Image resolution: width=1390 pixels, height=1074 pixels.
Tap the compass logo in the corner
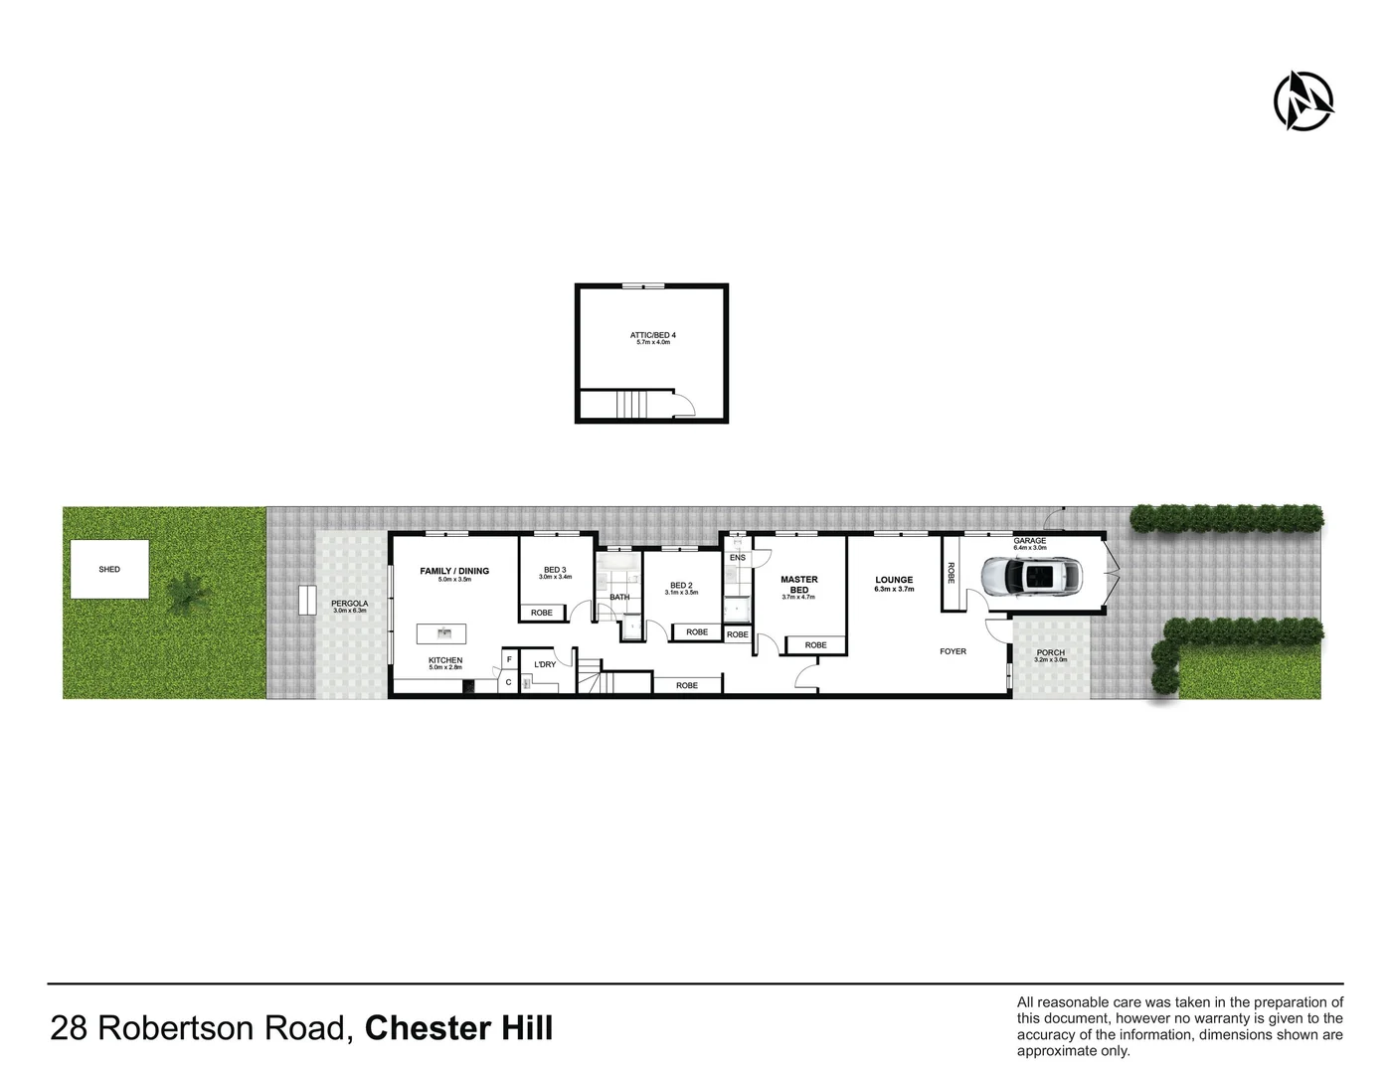(1303, 100)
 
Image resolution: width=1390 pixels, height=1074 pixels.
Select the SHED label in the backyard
(109, 570)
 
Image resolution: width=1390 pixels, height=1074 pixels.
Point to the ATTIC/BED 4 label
(653, 335)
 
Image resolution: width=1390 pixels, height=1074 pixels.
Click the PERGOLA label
(350, 604)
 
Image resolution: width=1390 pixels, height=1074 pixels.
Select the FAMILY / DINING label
(454, 571)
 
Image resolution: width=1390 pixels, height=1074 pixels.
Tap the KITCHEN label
(445, 660)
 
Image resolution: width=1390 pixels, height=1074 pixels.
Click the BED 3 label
(555, 570)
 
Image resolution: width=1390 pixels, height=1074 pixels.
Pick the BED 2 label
(681, 586)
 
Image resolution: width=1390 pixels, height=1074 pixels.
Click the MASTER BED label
(799, 585)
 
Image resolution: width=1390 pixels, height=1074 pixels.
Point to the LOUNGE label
(894, 580)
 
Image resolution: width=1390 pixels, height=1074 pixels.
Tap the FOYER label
(953, 651)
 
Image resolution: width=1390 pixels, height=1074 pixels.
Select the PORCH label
(1051, 652)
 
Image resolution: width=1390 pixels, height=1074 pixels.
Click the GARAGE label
(1030, 541)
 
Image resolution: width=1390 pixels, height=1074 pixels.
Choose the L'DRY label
(545, 664)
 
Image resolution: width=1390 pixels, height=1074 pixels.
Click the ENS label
(737, 558)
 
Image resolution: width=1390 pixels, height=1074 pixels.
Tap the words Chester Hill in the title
(458, 1028)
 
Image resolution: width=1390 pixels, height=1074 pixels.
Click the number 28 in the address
(69, 1028)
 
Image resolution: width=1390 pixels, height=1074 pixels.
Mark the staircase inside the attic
(631, 405)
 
